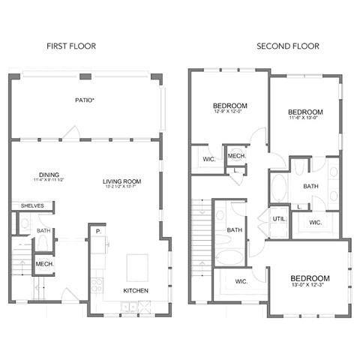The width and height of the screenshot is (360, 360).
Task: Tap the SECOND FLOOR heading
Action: point(288,46)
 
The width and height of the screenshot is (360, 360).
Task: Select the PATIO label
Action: point(83,100)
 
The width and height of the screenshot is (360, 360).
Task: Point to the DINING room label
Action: point(49,171)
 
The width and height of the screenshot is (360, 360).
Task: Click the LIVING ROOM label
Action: point(123,181)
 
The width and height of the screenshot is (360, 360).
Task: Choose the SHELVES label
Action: point(31,205)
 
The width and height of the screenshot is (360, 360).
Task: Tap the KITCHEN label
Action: point(136,290)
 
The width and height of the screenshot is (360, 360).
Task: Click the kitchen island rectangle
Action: point(136,265)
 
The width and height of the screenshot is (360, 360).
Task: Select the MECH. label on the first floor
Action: point(43,264)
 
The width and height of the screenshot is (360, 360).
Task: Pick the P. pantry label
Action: point(97,232)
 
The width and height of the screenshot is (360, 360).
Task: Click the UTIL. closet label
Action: point(279,218)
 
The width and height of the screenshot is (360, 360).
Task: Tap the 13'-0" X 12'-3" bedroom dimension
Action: point(309,286)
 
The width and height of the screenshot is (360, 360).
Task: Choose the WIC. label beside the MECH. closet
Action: point(209,159)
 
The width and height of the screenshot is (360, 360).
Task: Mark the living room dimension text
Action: point(123,188)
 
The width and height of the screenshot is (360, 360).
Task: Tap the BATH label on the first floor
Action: point(43,231)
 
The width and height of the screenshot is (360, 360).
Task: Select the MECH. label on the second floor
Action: point(237,156)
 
